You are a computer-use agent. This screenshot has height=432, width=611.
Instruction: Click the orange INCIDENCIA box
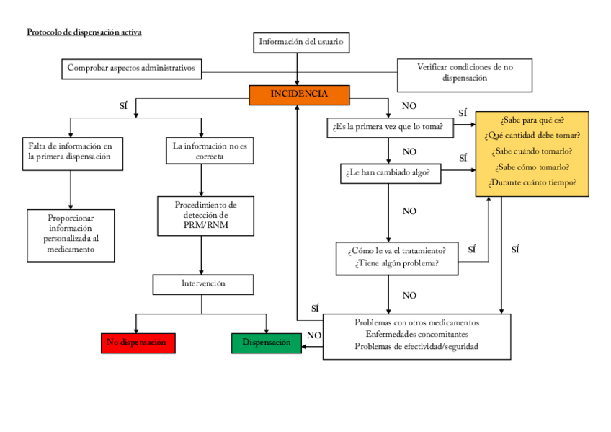pyautogui.click(x=299, y=94)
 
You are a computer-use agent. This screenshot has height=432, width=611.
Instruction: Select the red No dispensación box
pyautogui.click(x=138, y=343)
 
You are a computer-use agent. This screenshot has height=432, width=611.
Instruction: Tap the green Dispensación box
pyautogui.click(x=267, y=343)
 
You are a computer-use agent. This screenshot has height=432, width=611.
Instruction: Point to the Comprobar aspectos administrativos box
pyautogui.click(x=131, y=69)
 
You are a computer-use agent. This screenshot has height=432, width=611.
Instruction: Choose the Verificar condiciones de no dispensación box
pyautogui.click(x=465, y=73)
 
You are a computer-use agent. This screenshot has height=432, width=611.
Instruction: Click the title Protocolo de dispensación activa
pyautogui.click(x=84, y=32)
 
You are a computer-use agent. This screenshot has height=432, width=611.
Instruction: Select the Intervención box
pyautogui.click(x=202, y=284)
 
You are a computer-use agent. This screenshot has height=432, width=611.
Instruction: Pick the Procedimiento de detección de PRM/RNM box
pyautogui.click(x=205, y=216)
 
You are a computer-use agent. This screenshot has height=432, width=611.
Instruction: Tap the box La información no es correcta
pyautogui.click(x=209, y=151)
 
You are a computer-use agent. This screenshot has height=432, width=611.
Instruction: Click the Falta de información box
pyautogui.click(x=70, y=151)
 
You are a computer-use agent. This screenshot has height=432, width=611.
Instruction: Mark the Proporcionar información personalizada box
pyautogui.click(x=70, y=233)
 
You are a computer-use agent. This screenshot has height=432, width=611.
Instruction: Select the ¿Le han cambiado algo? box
pyautogui.click(x=390, y=173)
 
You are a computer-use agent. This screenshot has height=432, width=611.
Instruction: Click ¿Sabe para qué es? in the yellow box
pyautogui.click(x=532, y=120)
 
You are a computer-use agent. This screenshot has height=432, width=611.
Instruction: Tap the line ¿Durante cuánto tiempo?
pyautogui.click(x=532, y=183)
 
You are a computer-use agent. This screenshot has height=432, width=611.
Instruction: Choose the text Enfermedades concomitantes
pyautogui.click(x=416, y=335)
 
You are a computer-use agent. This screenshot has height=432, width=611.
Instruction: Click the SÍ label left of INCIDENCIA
pyautogui.click(x=123, y=106)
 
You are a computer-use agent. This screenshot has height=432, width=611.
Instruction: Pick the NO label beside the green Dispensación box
pyautogui.click(x=314, y=335)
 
